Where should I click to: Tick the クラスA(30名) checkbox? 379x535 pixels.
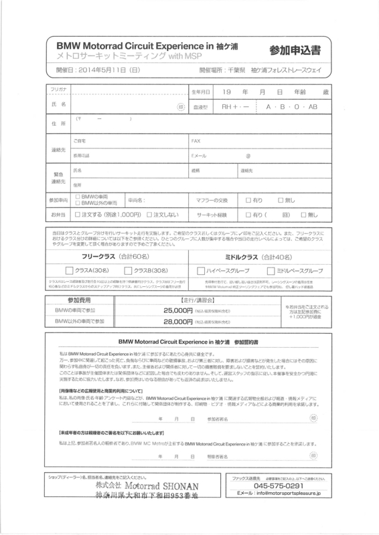point(70,270)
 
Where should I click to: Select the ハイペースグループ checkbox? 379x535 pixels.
point(201,270)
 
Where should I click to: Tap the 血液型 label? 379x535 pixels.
point(202,106)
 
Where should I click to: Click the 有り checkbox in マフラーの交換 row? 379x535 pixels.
point(248,199)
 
